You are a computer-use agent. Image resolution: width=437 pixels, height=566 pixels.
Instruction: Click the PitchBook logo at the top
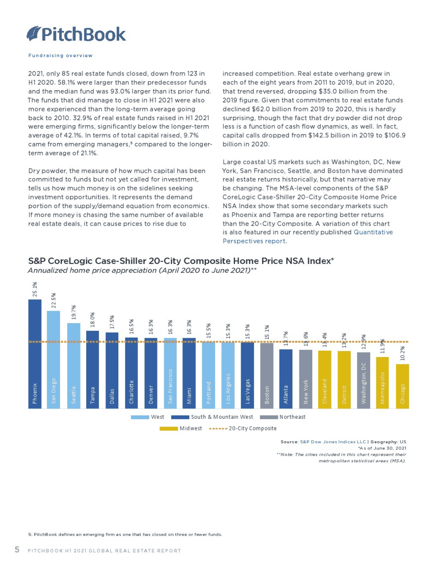pyautogui.click(x=76, y=34)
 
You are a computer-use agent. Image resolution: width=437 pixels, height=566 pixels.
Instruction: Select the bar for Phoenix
pyautogui.click(x=35, y=354)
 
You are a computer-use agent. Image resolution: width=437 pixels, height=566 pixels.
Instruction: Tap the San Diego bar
pyautogui.click(x=54, y=360)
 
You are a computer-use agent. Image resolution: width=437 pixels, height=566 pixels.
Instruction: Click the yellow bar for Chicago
pyautogui.click(x=402, y=386)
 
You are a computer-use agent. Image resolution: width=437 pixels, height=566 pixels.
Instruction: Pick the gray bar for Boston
pyautogui.click(x=267, y=375)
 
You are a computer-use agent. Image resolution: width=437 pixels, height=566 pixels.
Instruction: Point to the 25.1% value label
pyautogui.click(x=35, y=289)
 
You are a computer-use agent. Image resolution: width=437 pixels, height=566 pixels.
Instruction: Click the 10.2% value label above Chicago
pyautogui.click(x=402, y=354)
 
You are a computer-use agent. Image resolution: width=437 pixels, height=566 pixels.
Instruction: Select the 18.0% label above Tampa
pyautogui.click(x=92, y=321)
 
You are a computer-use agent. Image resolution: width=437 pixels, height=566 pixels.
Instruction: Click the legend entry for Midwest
pyautogui.click(x=181, y=428)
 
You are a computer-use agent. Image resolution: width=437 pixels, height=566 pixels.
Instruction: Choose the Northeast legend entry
pyautogui.click(x=283, y=417)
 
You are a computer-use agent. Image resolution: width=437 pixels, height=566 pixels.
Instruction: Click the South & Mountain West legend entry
pyautogui.click(x=212, y=417)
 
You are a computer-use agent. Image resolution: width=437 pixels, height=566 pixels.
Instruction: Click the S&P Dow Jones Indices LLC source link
pyautogui.click(x=333, y=442)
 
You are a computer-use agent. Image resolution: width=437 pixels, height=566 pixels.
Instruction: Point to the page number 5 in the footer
pyautogui.click(x=17, y=550)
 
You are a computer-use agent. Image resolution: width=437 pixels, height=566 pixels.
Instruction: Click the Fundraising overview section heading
pyautogui.click(x=60, y=55)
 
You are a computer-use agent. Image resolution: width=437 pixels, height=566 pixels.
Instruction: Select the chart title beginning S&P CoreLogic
pyautogui.click(x=181, y=261)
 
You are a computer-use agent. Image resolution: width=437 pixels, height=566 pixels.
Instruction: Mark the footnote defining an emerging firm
pyautogui.click(x=125, y=534)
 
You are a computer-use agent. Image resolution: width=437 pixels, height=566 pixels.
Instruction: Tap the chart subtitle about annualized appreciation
pyautogui.click(x=142, y=270)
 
